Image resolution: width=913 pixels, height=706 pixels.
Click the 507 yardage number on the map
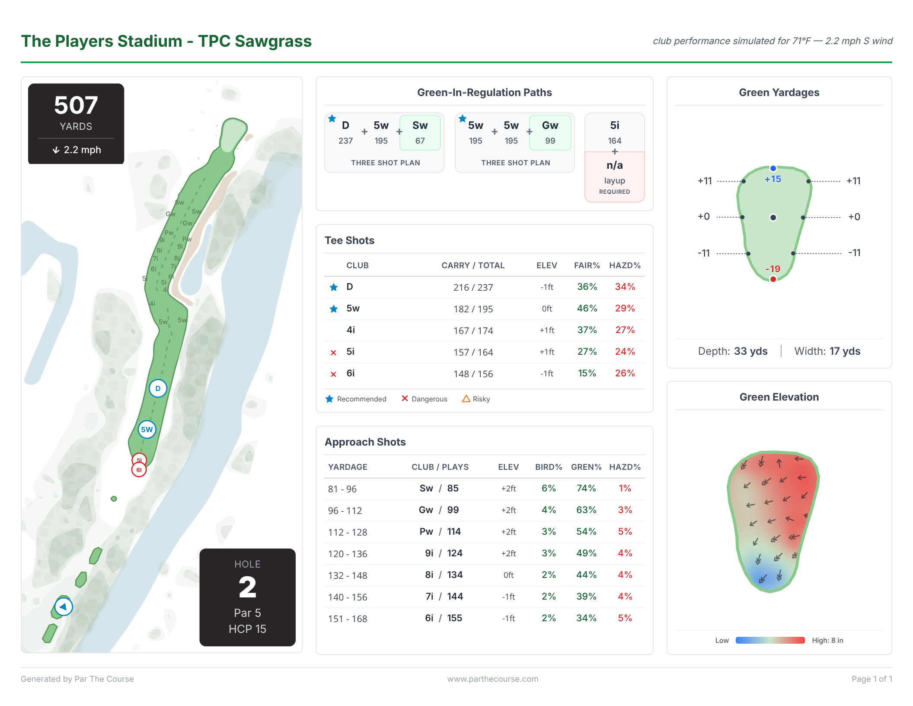point(76,105)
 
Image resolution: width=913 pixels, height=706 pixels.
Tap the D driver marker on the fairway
point(158,388)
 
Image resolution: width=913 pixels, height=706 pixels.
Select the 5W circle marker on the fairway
point(147,430)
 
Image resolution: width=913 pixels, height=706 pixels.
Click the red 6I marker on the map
point(139,470)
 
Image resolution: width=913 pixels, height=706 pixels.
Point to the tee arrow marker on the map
point(64,607)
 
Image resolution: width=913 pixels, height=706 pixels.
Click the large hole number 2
point(247,587)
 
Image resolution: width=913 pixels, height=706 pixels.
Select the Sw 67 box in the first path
point(420,132)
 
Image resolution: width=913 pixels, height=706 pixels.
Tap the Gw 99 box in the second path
point(550,132)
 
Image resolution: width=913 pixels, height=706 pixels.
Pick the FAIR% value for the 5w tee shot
point(587,308)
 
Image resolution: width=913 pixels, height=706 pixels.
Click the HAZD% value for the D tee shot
point(625,287)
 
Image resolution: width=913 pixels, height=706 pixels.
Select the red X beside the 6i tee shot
point(333,374)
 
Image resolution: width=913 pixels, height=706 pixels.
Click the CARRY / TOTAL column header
point(473,265)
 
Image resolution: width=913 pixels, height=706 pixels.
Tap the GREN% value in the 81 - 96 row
point(586,488)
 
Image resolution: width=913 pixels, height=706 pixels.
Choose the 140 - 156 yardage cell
point(348,597)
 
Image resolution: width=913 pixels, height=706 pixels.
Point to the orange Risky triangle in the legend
point(466,399)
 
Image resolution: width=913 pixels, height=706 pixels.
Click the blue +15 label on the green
point(773,179)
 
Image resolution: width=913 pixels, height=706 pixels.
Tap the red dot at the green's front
point(773,279)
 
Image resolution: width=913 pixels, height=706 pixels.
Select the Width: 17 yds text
point(827,351)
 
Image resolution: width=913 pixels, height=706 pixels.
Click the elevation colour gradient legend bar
point(770,640)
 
